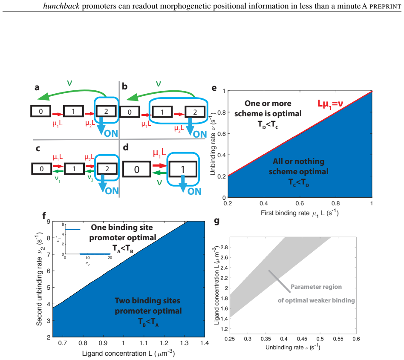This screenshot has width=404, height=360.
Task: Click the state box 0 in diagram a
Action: (41, 111)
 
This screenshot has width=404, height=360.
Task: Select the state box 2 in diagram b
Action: (195, 112)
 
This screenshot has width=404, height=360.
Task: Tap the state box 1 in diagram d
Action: (183, 169)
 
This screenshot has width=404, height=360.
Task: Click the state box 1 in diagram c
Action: (74, 169)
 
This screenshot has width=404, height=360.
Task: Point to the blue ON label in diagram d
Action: (194, 191)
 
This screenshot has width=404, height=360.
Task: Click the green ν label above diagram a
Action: (69, 83)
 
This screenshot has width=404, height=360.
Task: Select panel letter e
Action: (214, 88)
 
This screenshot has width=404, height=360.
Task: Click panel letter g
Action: (216, 221)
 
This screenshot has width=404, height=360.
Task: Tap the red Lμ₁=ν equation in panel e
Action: (330, 104)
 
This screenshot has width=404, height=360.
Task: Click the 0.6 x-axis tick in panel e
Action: (300, 204)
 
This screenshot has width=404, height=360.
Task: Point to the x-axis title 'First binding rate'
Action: (285, 213)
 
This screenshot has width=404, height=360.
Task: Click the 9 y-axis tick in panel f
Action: (49, 222)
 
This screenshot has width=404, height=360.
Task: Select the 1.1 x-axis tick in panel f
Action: (144, 343)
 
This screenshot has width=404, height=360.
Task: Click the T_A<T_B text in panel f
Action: (123, 248)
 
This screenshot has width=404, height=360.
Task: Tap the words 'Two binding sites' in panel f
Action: (147, 300)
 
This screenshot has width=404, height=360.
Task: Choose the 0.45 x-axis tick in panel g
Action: (302, 339)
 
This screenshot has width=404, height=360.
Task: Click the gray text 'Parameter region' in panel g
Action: (316, 287)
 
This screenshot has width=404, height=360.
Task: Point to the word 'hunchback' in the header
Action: (61, 6)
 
